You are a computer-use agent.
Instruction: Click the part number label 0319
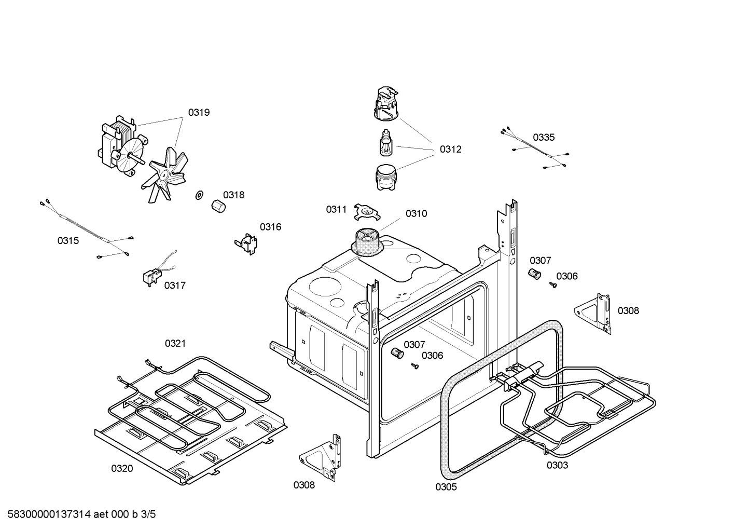tap(199, 112)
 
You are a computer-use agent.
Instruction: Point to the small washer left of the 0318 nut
tap(199, 195)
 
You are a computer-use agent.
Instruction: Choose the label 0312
tap(450, 149)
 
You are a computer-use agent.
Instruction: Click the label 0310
tap(416, 213)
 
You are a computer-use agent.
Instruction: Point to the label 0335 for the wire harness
tap(544, 137)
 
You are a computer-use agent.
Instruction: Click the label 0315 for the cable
tap(68, 240)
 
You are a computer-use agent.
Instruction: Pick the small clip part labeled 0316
tap(246, 243)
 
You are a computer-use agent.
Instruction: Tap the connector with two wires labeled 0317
tap(151, 276)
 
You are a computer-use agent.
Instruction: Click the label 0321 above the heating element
tap(175, 343)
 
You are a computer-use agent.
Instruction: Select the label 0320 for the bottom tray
tap(122, 468)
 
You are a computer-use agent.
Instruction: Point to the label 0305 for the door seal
tap(446, 487)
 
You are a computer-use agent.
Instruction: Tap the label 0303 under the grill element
tap(557, 465)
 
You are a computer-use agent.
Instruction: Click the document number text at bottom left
tap(78, 514)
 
